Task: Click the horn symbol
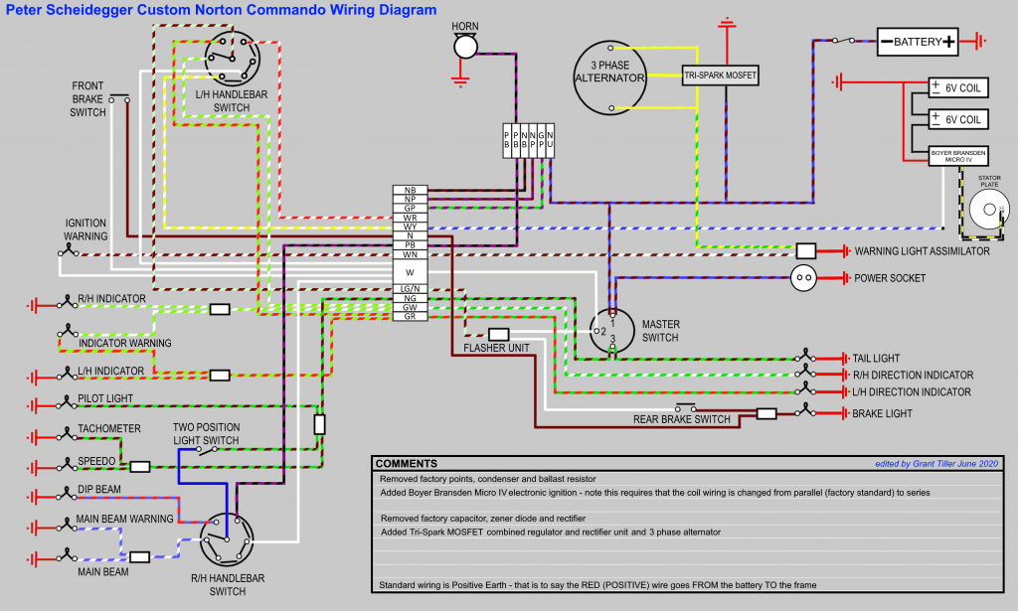tap(464, 46)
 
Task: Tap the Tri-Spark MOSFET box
tap(720, 75)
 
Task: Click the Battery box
tap(917, 42)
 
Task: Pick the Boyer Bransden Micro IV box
tap(958, 157)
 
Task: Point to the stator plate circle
tap(989, 210)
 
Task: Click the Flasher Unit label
tap(497, 349)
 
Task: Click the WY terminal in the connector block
tap(410, 227)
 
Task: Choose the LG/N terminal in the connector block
tap(410, 288)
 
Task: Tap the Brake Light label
tap(882, 412)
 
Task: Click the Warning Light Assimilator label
tap(922, 251)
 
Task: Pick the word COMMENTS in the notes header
tap(407, 464)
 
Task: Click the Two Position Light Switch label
tap(206, 433)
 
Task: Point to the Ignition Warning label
tap(86, 229)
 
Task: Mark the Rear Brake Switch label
tap(682, 419)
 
